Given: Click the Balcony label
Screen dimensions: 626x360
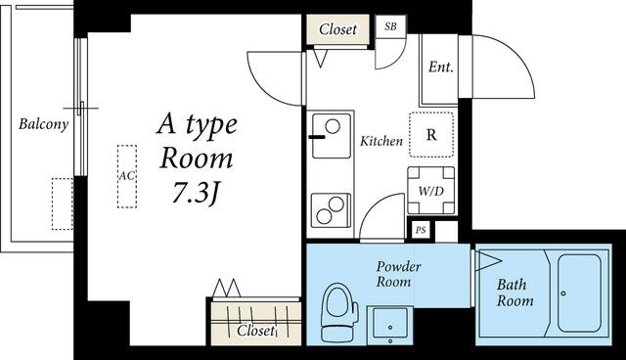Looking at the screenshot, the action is tap(43, 124).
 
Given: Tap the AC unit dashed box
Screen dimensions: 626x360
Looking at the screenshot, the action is tap(127, 176).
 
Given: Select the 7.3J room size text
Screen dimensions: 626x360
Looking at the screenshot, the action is tap(196, 194).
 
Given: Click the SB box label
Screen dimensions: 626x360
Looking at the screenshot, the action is tap(391, 26).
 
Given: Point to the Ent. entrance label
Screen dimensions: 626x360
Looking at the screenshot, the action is tap(441, 67).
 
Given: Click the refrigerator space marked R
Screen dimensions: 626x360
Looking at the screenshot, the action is tap(431, 135).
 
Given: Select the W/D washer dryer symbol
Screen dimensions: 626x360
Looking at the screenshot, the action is tap(431, 191).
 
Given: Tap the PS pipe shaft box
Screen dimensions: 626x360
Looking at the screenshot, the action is tap(421, 230).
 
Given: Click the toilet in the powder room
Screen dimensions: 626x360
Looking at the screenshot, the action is tap(338, 312).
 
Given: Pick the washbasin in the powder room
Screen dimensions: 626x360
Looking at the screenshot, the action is tap(390, 326).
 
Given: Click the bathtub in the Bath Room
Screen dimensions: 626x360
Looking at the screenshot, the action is tap(579, 293).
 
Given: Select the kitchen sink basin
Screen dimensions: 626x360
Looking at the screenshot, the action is tap(332, 136).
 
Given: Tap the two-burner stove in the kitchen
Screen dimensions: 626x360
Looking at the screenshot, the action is tap(331, 210).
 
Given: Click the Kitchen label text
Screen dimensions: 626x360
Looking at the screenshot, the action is tap(381, 141).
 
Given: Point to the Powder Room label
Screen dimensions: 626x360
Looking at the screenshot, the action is tap(398, 274).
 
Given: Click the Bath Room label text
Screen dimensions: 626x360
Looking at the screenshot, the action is tap(515, 292).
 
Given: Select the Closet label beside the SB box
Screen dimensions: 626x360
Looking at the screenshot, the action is tap(337, 29).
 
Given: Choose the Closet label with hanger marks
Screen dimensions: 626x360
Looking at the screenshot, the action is tap(255, 331).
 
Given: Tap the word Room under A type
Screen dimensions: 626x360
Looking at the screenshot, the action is tap(196, 158).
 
